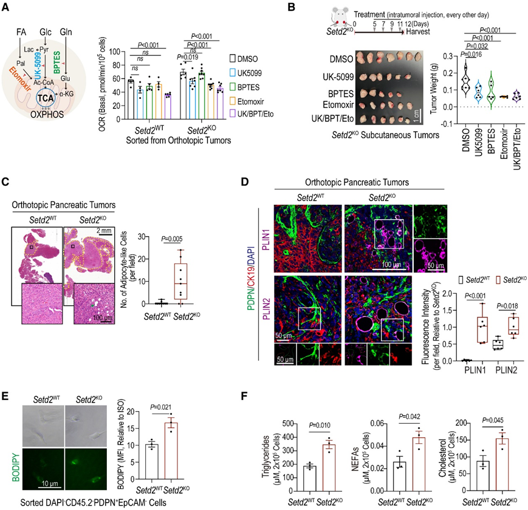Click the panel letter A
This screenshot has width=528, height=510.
click(x=9, y=8)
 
